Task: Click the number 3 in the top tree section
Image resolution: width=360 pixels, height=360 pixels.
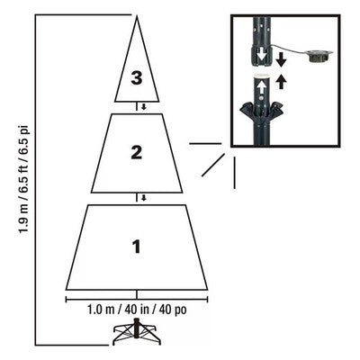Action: (137, 78)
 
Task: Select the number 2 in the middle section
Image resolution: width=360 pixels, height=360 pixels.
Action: (137, 152)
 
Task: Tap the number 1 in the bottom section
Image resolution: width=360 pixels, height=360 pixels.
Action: (137, 245)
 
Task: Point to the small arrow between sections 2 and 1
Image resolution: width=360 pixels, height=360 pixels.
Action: (137, 197)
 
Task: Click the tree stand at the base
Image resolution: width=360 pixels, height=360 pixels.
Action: (137, 336)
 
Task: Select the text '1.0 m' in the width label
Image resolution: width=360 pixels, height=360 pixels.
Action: (103, 310)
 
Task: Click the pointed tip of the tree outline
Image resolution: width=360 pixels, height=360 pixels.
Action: (137, 16)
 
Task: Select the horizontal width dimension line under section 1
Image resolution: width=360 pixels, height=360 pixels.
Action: (137, 295)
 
